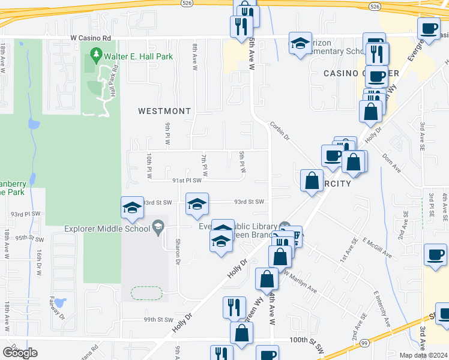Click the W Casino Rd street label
[91, 37]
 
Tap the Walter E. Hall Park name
[139, 56]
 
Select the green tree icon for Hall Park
[95, 56]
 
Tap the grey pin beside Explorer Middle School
[158, 226]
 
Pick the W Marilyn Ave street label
[300, 282]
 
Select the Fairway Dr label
[58, 308]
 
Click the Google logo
[20, 353]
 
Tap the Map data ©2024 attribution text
[423, 355]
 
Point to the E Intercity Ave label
[382, 305]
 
